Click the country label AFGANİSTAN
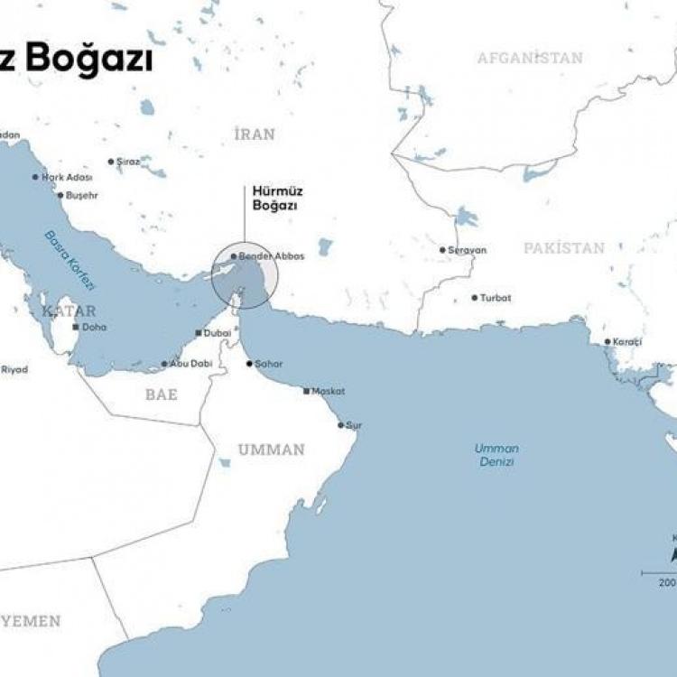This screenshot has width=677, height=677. [530, 58]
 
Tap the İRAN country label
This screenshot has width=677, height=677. [255, 134]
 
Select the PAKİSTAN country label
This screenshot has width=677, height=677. [564, 247]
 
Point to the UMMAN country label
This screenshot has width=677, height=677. [271, 449]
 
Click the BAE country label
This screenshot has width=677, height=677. [161, 394]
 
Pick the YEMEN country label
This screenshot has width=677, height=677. [31, 621]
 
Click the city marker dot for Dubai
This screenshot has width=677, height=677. [199, 333]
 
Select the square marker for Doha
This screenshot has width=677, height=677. [76, 327]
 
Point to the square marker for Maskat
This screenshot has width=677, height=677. [307, 391]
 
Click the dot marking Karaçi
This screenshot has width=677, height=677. [607, 342]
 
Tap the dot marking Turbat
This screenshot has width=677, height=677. [475, 298]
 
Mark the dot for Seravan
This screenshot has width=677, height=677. [442, 250]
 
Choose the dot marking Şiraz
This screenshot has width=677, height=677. [111, 162]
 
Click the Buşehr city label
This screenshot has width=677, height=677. [81, 195]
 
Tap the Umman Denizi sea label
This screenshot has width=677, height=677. [496, 455]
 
